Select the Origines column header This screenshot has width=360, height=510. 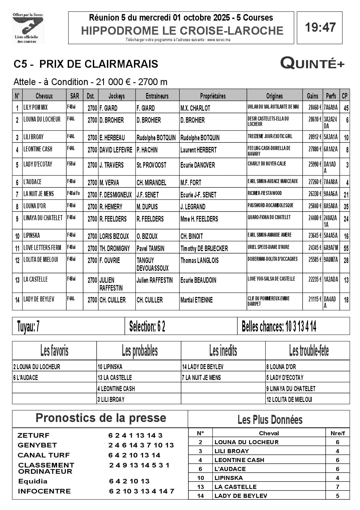274,96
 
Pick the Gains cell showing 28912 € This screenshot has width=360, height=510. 315,137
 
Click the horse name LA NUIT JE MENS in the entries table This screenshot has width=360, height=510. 39,194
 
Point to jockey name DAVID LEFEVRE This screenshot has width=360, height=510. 116,150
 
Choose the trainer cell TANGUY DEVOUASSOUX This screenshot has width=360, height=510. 152,264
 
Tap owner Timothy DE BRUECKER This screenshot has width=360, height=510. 204,248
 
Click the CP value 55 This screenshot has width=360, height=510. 346,248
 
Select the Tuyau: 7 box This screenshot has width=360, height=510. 28,326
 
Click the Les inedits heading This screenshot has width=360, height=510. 223,351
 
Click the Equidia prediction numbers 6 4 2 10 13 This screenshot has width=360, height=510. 129,481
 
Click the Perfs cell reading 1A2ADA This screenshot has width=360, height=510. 331,280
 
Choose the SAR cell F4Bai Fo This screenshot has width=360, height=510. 74,193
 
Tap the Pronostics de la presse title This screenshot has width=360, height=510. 101,418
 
